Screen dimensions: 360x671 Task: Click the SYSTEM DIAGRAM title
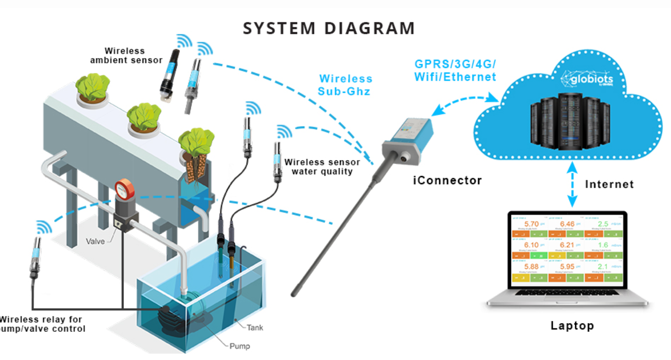click(329, 29)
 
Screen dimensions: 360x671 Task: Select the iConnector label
click(447, 180)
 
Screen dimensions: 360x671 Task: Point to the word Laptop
click(572, 326)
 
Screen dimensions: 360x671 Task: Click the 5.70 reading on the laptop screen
click(531, 224)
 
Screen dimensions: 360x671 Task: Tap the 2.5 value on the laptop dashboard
click(603, 224)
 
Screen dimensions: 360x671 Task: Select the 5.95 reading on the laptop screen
click(567, 266)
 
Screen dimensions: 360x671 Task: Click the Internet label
click(609, 184)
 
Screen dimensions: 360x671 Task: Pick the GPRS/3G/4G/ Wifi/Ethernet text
click(455, 70)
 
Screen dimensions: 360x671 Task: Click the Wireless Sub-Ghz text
click(345, 85)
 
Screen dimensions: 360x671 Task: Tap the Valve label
click(95, 241)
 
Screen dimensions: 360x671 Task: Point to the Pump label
click(240, 346)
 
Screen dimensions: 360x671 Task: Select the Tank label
click(255, 327)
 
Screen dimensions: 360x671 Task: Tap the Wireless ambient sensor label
click(126, 56)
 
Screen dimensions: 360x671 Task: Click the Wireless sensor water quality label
click(322, 167)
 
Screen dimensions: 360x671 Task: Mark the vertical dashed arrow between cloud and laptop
click(572, 185)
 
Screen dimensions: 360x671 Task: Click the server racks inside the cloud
click(570, 121)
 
